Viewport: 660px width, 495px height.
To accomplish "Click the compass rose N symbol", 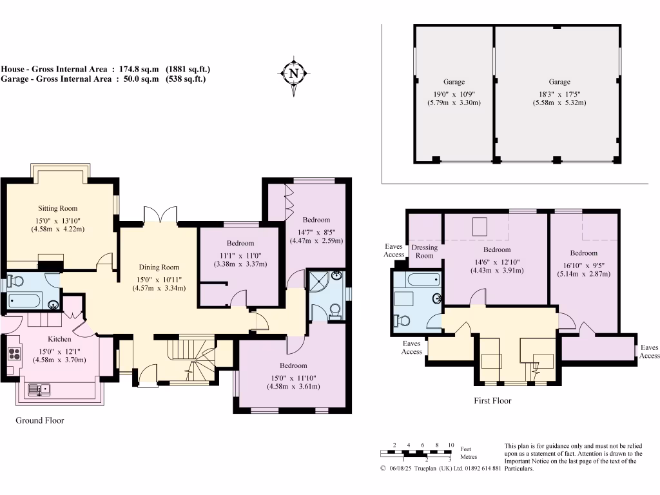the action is pos(294,74).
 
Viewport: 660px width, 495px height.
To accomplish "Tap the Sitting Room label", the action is pos(57,208).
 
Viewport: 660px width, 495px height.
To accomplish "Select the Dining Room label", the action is pos(159,267).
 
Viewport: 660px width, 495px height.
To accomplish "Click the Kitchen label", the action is pos(59,339).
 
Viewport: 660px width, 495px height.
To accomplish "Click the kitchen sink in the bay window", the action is pos(39,390).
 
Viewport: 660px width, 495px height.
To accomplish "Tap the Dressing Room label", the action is pos(425,251).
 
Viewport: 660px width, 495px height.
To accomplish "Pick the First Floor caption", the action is pos(492,401).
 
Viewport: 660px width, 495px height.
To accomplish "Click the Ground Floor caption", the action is pos(40,420).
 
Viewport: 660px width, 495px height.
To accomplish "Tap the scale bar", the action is pos(416,454).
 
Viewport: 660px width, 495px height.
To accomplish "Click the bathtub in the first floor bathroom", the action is pos(423,280).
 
